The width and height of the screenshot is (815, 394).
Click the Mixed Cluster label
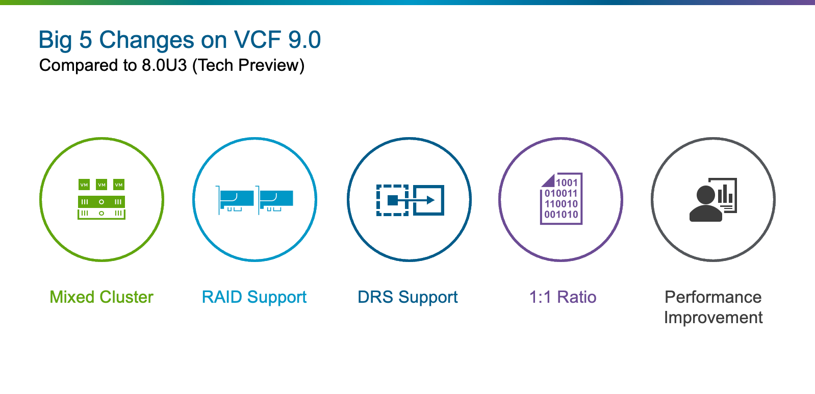click(x=101, y=297)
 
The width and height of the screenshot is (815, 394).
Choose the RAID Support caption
click(x=254, y=297)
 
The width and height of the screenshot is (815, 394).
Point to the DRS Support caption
click(x=408, y=297)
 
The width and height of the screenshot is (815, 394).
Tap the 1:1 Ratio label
click(x=563, y=297)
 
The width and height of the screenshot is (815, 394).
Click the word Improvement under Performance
click(x=713, y=318)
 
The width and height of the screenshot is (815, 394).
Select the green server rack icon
click(x=101, y=207)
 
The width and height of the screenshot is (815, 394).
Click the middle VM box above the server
click(x=101, y=185)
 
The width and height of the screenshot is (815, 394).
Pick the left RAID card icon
click(x=235, y=200)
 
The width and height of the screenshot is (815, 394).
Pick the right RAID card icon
click(x=275, y=200)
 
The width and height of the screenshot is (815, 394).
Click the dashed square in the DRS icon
click(x=392, y=200)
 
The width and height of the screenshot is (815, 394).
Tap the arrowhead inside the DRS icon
click(x=431, y=200)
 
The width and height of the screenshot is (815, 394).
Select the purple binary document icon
click(x=561, y=199)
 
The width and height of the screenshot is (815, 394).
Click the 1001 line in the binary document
click(x=567, y=182)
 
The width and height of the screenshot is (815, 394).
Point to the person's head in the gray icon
click(x=706, y=195)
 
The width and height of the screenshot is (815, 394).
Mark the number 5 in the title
click(x=85, y=40)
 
